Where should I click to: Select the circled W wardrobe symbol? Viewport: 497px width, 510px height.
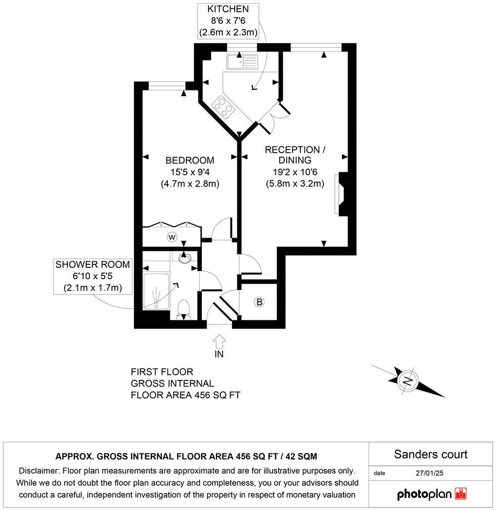pyautogui.click(x=172, y=237)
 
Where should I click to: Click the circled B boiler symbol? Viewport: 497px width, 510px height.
pyautogui.click(x=259, y=302)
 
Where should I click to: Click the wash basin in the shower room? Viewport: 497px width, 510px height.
pyautogui.click(x=186, y=258)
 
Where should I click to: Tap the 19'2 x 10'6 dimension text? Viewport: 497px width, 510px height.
pyautogui.click(x=295, y=172)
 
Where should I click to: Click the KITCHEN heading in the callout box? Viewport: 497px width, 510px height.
pyautogui.click(x=228, y=9)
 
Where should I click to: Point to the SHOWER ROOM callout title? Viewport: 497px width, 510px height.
pyautogui.click(x=93, y=265)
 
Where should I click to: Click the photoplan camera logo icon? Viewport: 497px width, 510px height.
pyautogui.click(x=461, y=494)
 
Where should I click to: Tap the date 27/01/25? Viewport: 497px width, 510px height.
pyautogui.click(x=430, y=472)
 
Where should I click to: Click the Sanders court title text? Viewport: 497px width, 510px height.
pyautogui.click(x=430, y=454)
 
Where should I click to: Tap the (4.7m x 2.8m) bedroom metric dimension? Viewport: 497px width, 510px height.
pyautogui.click(x=190, y=184)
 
